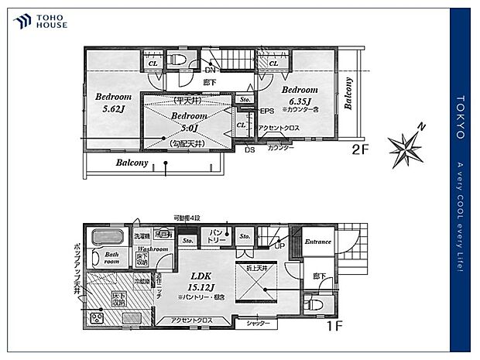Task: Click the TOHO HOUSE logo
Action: pos(40,21)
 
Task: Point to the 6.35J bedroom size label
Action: pos(300,101)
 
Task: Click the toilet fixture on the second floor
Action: pos(177,59)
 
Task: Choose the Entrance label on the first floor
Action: pos(317,242)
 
